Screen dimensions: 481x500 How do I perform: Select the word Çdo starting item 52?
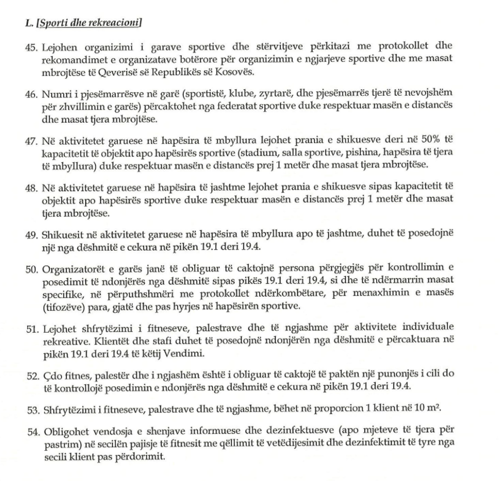(49, 373)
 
